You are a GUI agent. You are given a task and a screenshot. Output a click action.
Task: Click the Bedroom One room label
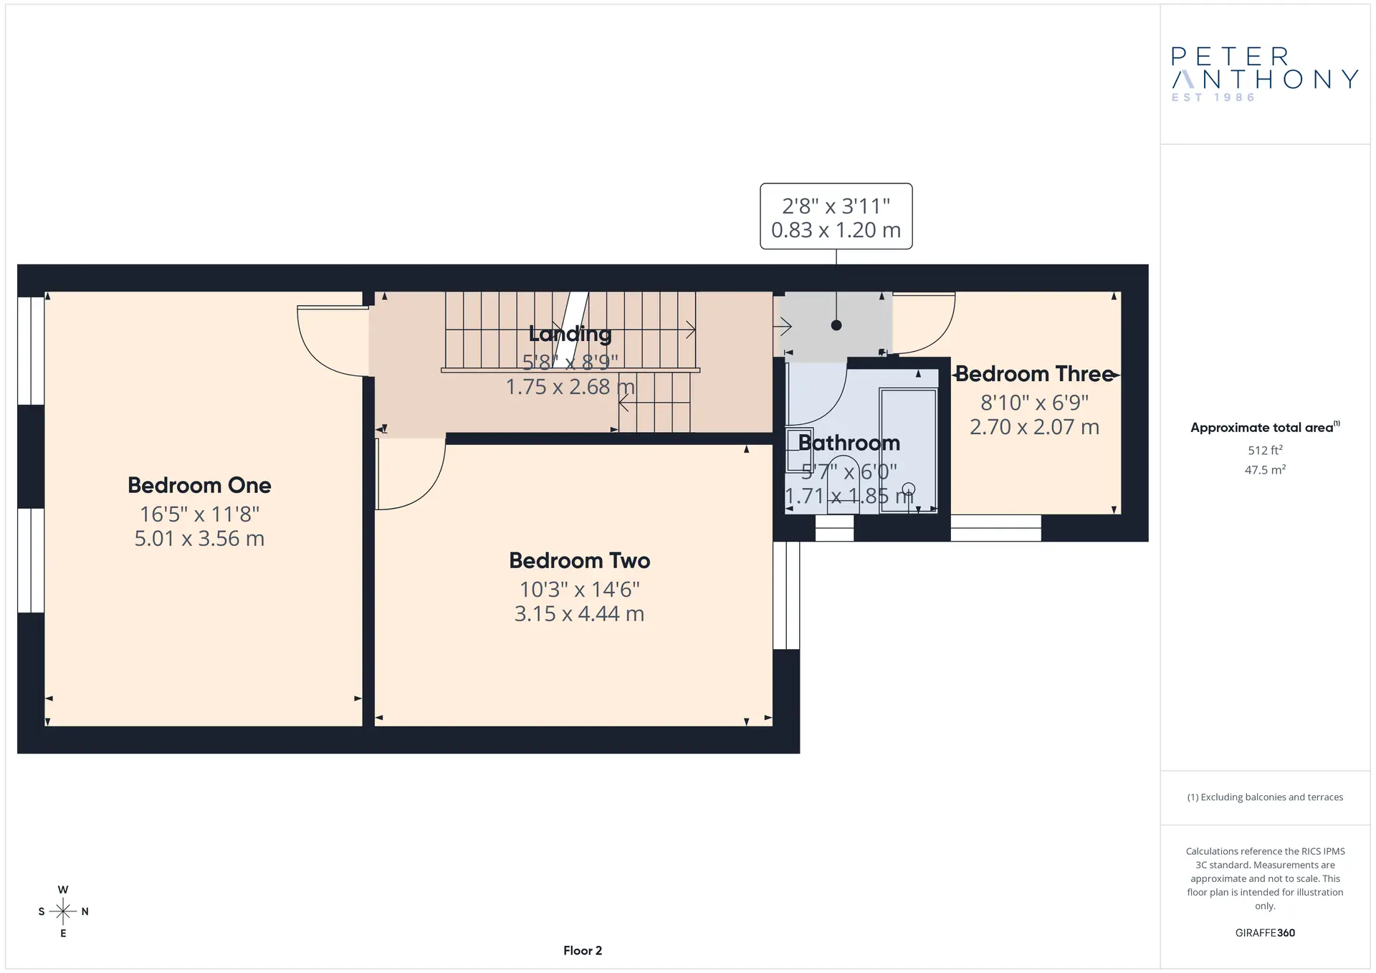(199, 485)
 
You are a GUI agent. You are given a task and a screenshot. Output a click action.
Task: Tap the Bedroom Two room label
(580, 560)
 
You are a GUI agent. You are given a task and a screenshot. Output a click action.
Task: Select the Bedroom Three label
(1035, 373)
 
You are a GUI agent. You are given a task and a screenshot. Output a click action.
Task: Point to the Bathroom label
(849, 443)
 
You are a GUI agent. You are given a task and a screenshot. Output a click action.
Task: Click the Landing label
(570, 334)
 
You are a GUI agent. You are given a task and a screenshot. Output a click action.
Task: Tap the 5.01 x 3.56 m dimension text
(199, 539)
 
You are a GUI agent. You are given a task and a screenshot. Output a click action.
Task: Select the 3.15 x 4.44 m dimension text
(580, 614)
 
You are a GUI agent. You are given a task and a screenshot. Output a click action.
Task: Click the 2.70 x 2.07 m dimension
(1035, 427)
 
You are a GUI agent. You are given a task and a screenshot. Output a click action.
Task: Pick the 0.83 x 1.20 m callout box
(836, 216)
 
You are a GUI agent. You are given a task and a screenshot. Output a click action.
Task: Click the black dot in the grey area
(836, 325)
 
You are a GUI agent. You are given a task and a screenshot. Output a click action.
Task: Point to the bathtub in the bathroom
(908, 450)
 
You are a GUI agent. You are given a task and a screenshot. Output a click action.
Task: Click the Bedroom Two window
(786, 595)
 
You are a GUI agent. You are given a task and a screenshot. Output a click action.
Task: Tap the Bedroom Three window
(996, 528)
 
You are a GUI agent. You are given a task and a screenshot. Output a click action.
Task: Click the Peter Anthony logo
(1265, 75)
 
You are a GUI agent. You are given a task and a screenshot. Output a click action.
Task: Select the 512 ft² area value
(1265, 450)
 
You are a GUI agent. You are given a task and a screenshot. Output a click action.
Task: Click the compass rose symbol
(63, 911)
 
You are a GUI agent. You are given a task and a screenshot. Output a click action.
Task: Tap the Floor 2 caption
(583, 951)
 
